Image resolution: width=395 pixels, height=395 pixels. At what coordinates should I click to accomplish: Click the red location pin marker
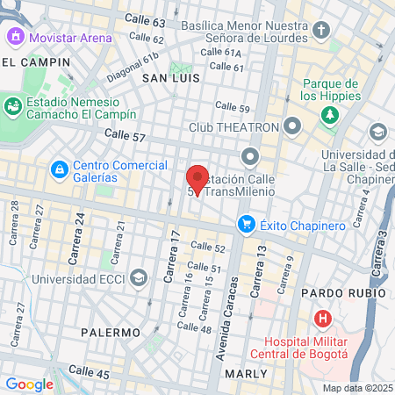click(x=197, y=179)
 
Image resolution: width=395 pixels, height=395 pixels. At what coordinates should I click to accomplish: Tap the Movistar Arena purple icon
click(x=15, y=38)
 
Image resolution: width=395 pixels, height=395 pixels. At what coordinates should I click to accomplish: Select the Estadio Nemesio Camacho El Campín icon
click(x=14, y=106)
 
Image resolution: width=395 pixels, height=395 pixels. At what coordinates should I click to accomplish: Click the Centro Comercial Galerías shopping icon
click(x=58, y=168)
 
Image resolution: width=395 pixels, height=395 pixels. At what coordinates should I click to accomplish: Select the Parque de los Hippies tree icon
click(x=329, y=114)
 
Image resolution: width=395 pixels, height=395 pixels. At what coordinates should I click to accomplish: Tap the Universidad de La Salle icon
click(x=377, y=133)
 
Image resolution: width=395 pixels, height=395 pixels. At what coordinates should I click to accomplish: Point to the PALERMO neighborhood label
click(x=111, y=333)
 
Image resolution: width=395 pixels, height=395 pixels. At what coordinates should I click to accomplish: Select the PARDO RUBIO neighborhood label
click(x=342, y=292)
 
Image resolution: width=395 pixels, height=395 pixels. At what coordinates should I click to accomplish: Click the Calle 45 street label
click(x=90, y=375)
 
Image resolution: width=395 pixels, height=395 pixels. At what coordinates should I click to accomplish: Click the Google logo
click(x=29, y=384)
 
